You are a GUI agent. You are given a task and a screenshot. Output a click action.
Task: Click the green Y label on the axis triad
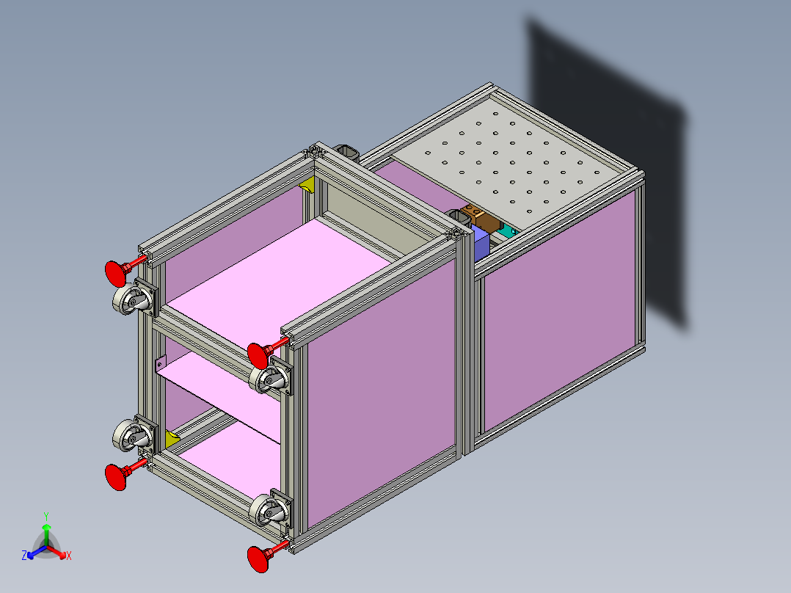click(45, 516)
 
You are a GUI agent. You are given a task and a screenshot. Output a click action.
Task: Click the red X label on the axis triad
click(68, 556)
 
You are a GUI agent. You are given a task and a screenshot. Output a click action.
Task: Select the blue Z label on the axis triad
click(24, 556)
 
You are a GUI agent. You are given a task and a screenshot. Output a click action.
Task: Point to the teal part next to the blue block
click(506, 233)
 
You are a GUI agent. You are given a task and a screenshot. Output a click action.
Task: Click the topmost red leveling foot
click(115, 272)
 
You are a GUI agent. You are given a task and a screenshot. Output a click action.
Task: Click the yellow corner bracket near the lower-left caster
click(172, 439)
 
